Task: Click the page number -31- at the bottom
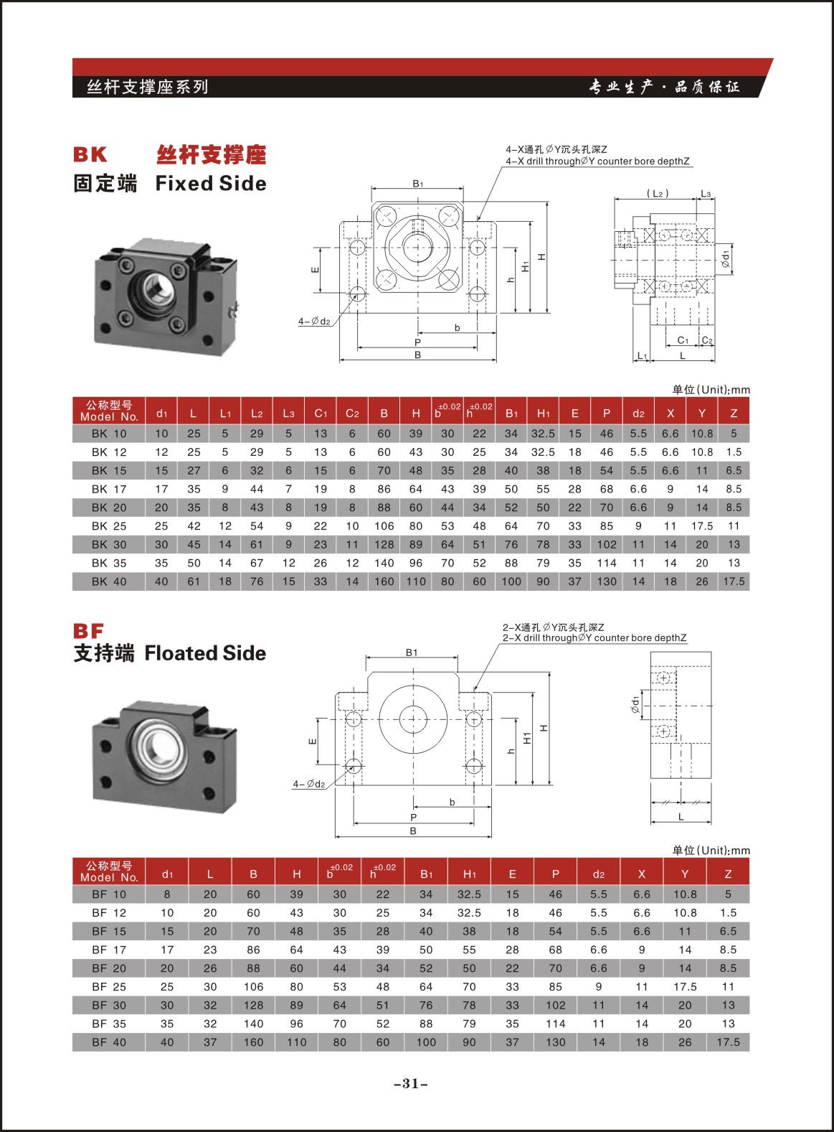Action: click(x=411, y=1083)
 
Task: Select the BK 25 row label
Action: click(x=109, y=526)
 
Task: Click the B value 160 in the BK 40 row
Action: click(x=384, y=581)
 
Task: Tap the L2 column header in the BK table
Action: click(x=257, y=413)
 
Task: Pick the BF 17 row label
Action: click(x=109, y=950)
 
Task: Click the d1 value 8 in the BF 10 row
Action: click(x=167, y=894)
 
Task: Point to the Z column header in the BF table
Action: click(x=728, y=874)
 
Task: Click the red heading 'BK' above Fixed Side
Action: click(x=90, y=154)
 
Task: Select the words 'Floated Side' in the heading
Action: click(x=205, y=653)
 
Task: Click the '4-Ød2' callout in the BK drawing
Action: click(x=314, y=322)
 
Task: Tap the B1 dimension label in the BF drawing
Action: click(x=412, y=652)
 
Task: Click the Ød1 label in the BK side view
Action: click(x=725, y=259)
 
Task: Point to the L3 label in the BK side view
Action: click(x=706, y=194)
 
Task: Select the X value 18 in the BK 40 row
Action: click(x=670, y=581)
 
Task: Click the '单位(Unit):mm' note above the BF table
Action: click(x=711, y=850)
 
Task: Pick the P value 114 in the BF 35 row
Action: click(x=555, y=1024)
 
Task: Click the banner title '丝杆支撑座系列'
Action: click(x=147, y=87)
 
